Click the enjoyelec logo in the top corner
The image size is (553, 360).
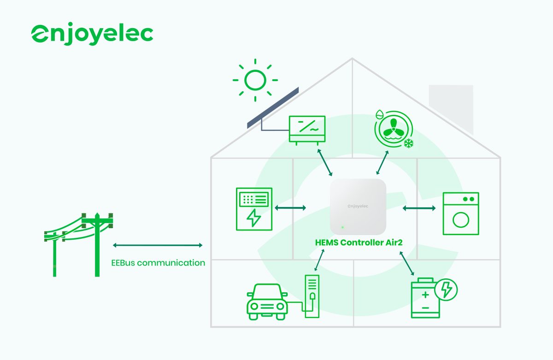[x=92, y=34]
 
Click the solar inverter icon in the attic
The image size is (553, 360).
[x=306, y=129]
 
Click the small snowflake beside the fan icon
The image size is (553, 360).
[x=408, y=144]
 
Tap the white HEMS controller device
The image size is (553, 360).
[x=358, y=207]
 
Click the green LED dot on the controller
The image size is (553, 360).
[x=342, y=227]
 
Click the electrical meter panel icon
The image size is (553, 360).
[x=253, y=209]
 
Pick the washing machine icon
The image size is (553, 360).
[x=460, y=214]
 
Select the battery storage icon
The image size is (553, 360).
[x=425, y=298]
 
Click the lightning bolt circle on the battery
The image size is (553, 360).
[x=446, y=289]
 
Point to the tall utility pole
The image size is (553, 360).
[x=97, y=244]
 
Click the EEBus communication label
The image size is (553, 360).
[x=158, y=263]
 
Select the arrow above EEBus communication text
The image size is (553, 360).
[x=158, y=245]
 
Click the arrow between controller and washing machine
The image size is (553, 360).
[x=418, y=208]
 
